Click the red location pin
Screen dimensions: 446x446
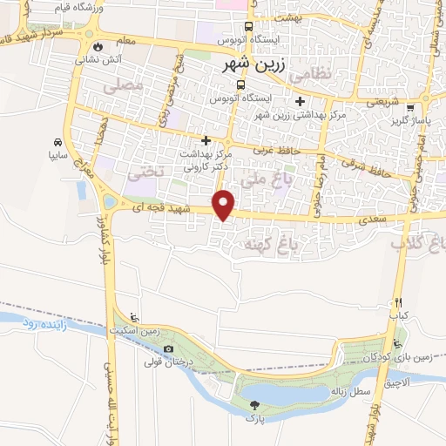(x=224, y=204)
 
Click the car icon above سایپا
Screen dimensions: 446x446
(x=57, y=142)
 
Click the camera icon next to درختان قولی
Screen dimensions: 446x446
(x=168, y=350)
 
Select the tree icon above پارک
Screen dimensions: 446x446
(x=253, y=404)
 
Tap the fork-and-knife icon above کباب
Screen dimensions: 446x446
(x=397, y=301)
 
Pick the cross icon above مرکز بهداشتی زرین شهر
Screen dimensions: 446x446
(x=301, y=101)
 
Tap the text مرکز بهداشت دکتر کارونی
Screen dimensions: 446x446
(x=205, y=157)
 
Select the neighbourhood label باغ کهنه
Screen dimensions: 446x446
(x=274, y=247)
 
